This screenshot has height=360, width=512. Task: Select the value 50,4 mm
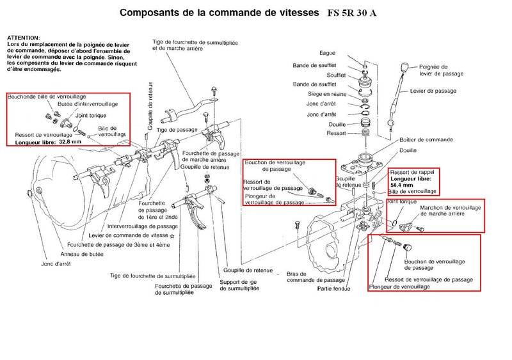[404, 184]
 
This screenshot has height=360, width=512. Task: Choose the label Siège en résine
[323, 94]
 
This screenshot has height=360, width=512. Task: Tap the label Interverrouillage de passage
[143, 226]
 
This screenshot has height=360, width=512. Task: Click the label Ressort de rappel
[411, 171]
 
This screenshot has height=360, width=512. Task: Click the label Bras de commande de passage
[308, 276]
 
